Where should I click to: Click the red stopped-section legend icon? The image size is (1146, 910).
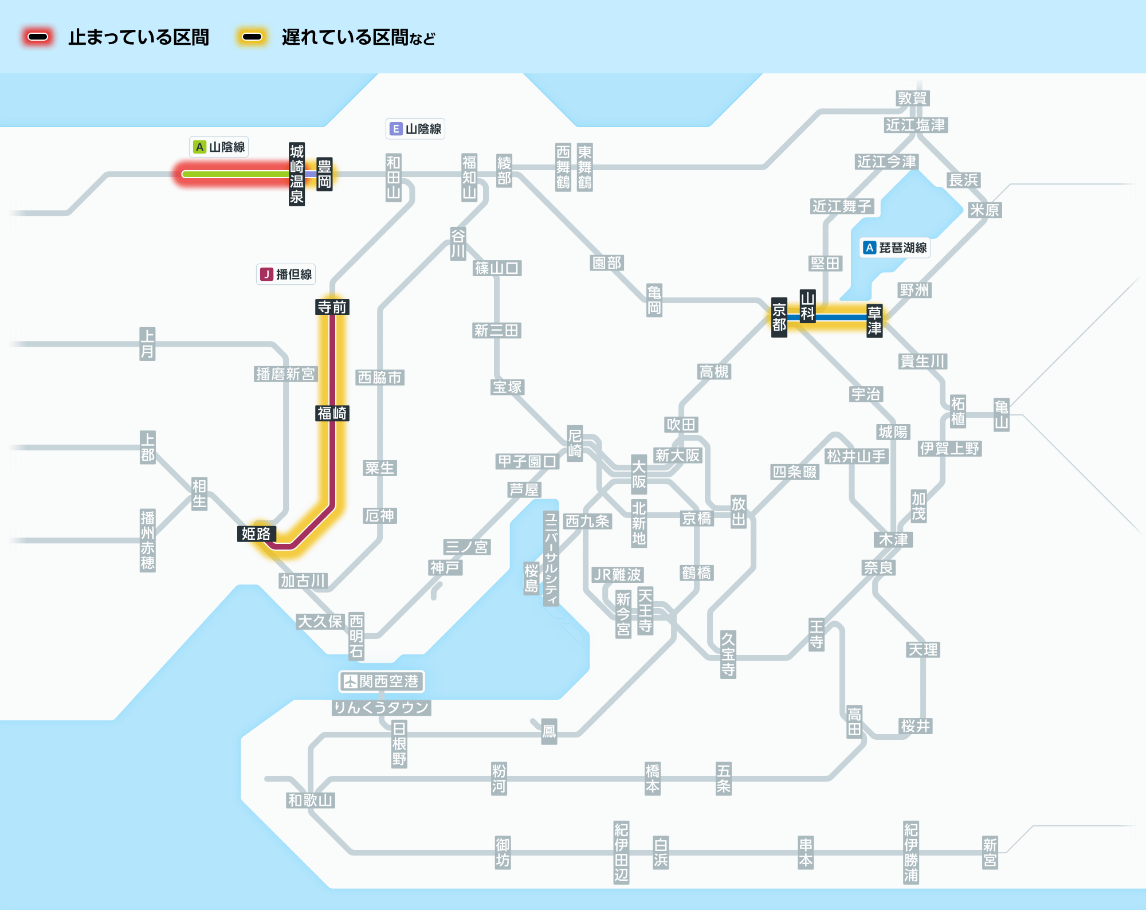[38, 37]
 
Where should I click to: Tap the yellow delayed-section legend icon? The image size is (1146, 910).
[252, 37]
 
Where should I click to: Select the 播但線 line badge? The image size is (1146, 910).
[286, 274]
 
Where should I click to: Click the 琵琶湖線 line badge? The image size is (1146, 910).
[895, 248]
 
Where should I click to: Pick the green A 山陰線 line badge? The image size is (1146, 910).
[219, 147]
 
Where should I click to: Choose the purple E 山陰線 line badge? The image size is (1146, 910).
[415, 129]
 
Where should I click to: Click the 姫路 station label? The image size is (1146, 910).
[257, 534]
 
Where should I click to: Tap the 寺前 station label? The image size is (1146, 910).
[332, 307]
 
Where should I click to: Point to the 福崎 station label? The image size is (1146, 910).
[332, 413]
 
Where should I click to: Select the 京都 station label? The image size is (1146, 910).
[779, 317]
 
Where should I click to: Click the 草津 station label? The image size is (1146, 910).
[874, 320]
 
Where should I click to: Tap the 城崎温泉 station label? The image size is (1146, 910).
[297, 174]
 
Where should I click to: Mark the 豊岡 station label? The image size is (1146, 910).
[325, 174]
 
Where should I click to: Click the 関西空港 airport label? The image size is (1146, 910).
[382, 681]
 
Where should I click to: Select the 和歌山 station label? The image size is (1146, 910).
[311, 800]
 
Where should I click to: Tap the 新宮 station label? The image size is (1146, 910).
[990, 853]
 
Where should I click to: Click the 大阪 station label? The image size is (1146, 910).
[639, 474]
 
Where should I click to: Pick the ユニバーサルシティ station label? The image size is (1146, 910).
[551, 559]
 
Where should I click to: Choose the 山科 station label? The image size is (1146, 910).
[808, 306]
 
